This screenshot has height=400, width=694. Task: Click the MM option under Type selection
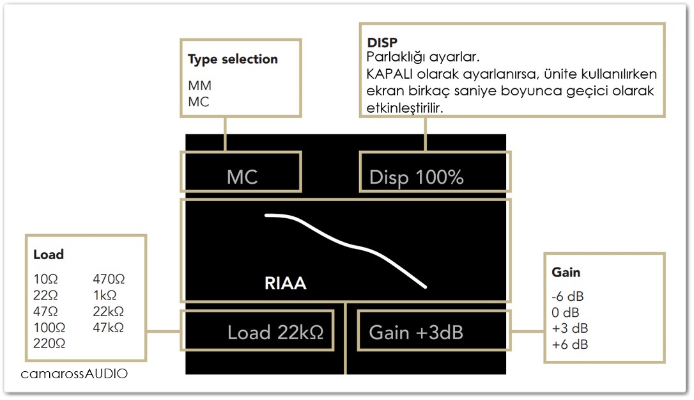tap(199, 85)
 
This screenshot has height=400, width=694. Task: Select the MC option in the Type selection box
tap(198, 102)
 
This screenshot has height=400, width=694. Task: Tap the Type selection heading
tap(233, 60)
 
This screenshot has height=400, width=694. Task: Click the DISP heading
tap(382, 43)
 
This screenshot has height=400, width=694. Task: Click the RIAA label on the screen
tap(286, 284)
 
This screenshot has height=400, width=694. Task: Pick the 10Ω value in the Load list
tap(45, 279)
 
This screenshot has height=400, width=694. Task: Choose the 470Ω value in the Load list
tap(109, 279)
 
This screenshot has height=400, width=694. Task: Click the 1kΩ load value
tap(105, 295)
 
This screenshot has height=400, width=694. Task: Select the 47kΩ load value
tap(109, 327)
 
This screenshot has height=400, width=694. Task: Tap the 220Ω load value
tap(49, 343)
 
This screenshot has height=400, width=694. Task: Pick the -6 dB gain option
tap(567, 296)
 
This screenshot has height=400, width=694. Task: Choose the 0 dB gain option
tap(565, 312)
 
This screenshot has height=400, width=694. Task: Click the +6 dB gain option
tap(570, 344)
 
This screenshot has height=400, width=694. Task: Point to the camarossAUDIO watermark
tap(74, 373)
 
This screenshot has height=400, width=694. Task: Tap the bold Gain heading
tap(566, 272)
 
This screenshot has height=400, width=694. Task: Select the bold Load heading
tap(49, 255)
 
